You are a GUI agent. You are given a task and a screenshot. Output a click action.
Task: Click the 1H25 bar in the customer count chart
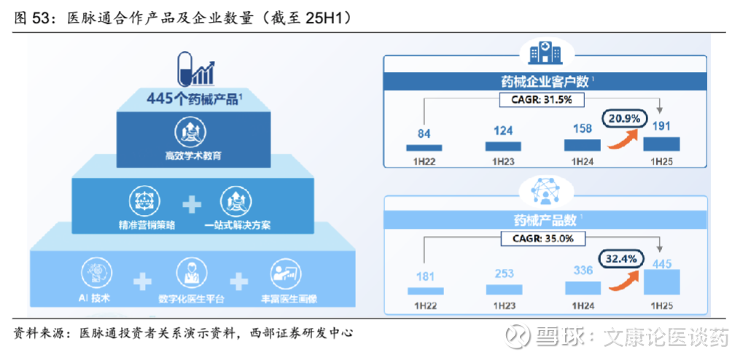pos(661,144)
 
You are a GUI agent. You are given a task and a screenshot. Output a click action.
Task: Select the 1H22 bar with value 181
pos(425,291)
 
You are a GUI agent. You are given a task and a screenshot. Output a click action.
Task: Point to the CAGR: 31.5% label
pos(542,100)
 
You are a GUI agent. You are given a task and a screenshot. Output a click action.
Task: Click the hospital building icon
pos(545,52)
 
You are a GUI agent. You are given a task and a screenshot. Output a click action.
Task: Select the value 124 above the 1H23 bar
pos(503,130)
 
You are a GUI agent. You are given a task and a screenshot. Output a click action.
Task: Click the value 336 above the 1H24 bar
pos(583,270)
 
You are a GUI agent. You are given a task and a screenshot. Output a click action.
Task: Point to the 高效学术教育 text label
pos(193,155)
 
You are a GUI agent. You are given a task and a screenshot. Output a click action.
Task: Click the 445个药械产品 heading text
pos(194,99)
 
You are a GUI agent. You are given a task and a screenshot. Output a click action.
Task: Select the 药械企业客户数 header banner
pos(545,82)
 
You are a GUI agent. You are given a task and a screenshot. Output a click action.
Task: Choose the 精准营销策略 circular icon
pos(144,203)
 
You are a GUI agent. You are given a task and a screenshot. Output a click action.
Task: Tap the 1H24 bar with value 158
pos(582,145)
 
